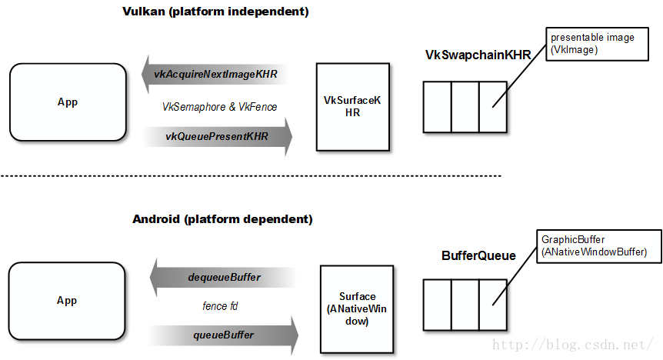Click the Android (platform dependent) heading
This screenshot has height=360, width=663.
222,219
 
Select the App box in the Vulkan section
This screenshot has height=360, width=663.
68,102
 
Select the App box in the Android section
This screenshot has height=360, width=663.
68,301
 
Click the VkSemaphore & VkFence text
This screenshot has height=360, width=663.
219,106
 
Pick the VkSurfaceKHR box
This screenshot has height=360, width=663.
342,107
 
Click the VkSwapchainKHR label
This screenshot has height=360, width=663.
478,55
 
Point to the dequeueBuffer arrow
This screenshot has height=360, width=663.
223,277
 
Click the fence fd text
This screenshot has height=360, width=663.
220,306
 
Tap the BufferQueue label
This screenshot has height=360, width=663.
478,255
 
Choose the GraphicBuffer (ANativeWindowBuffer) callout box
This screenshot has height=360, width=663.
593,245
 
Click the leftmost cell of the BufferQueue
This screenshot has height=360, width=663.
437,304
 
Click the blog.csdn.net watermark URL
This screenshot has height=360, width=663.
573,346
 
